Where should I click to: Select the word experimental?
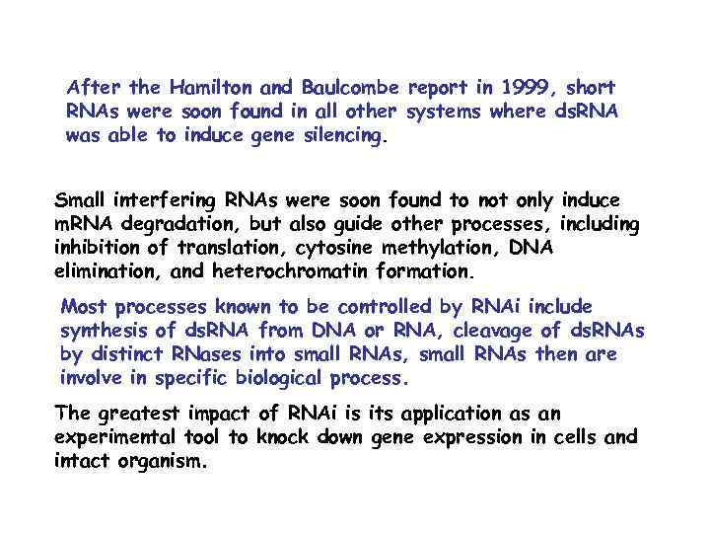116,436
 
